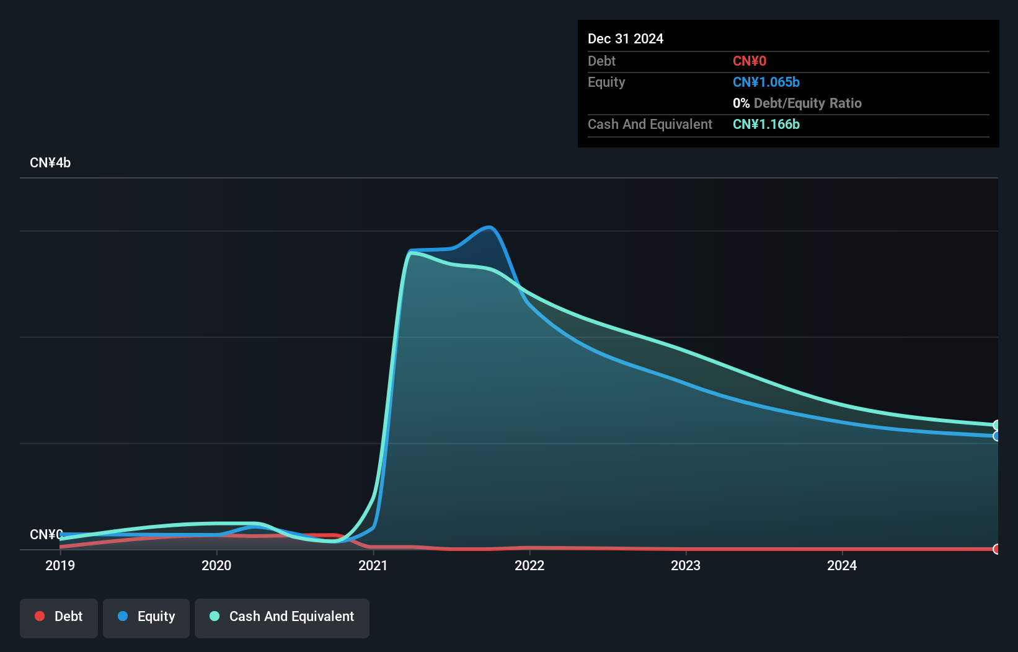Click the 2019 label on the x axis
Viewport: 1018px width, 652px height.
pos(60,565)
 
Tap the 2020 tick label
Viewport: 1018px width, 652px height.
pos(216,565)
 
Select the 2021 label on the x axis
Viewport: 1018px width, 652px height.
pos(373,565)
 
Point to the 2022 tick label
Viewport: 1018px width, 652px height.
pos(529,565)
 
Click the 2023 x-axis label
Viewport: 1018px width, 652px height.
pos(686,565)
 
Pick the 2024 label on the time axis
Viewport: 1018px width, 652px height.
pos(842,565)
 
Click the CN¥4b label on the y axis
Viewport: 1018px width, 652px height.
pos(50,163)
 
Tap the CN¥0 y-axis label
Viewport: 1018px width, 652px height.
pos(46,534)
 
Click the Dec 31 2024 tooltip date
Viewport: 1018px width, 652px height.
pos(626,39)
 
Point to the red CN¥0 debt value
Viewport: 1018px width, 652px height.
pos(750,61)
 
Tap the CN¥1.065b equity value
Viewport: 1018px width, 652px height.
pos(766,82)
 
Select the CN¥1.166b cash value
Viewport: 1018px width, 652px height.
pos(766,125)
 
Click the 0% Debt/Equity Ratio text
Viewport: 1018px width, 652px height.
pos(797,104)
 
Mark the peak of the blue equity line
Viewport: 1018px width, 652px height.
pos(489,227)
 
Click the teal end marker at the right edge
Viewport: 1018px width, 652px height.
pos(997,425)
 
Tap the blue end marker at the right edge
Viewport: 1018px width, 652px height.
pos(997,436)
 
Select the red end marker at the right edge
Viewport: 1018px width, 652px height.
pos(997,549)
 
